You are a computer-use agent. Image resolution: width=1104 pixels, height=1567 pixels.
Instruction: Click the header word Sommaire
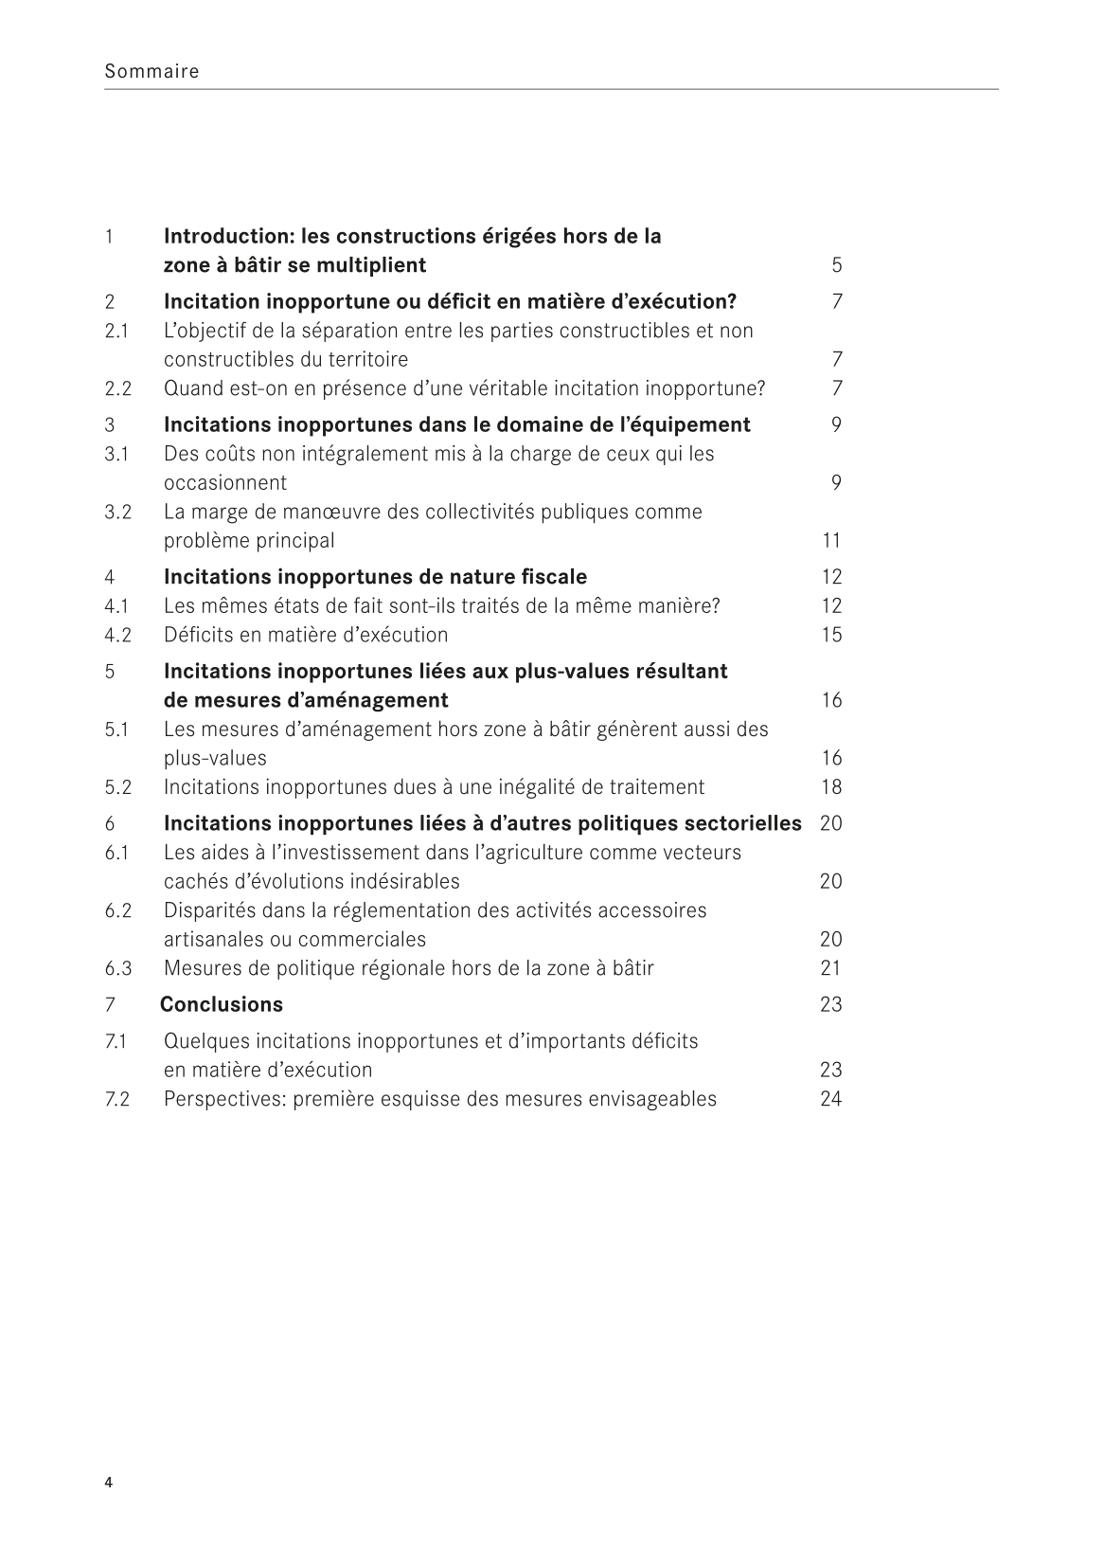pos(151,71)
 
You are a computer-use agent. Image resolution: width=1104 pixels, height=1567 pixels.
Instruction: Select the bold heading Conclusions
pos(221,1004)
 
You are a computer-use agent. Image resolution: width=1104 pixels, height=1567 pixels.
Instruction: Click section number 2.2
pos(117,388)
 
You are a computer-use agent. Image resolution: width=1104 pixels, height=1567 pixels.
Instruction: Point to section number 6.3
pos(117,968)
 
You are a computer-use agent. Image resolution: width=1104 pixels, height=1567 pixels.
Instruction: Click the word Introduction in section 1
pos(222,236)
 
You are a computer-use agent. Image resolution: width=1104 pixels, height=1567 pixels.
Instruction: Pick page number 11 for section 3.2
pos(831,541)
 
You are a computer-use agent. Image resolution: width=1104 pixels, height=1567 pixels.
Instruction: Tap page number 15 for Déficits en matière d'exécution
pos(831,635)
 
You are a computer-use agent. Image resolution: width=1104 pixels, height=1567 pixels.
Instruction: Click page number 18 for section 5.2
pos(831,787)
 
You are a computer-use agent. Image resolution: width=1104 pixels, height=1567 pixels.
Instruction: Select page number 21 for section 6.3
pos(831,968)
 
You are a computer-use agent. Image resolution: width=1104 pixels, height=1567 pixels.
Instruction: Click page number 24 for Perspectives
pos(831,1099)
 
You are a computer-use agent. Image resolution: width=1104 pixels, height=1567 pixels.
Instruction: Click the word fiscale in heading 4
pos(554,577)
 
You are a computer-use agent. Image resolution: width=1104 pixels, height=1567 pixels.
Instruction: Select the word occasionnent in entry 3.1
pos(224,483)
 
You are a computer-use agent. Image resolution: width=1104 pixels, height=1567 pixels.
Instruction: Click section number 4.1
pos(116,606)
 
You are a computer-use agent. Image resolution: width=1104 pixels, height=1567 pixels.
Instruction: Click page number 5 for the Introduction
pos(836,265)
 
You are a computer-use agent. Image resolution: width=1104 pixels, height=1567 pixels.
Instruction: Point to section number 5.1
pos(116,729)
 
